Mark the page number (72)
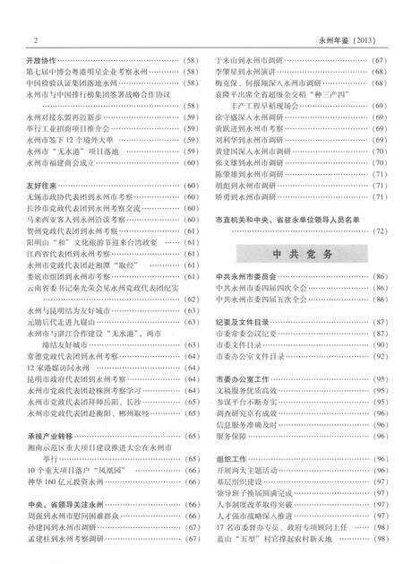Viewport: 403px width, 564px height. pyautogui.click(x=379, y=230)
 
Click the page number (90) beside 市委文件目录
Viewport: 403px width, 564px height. pyautogui.click(x=380, y=344)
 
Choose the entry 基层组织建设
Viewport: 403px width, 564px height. pyautogui.click(x=243, y=481)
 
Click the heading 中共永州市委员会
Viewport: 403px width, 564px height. pyautogui.click(x=245, y=276)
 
